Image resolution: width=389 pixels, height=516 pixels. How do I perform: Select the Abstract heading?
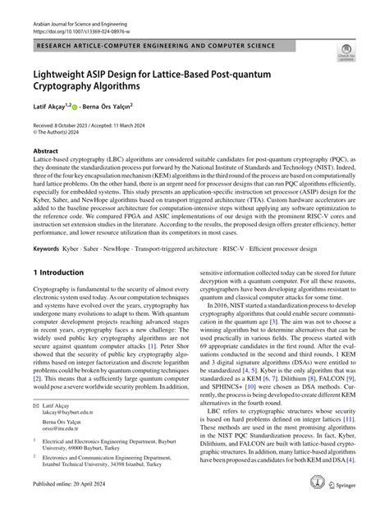(45, 150)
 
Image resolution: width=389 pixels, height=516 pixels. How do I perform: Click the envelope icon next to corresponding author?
(36, 428)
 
